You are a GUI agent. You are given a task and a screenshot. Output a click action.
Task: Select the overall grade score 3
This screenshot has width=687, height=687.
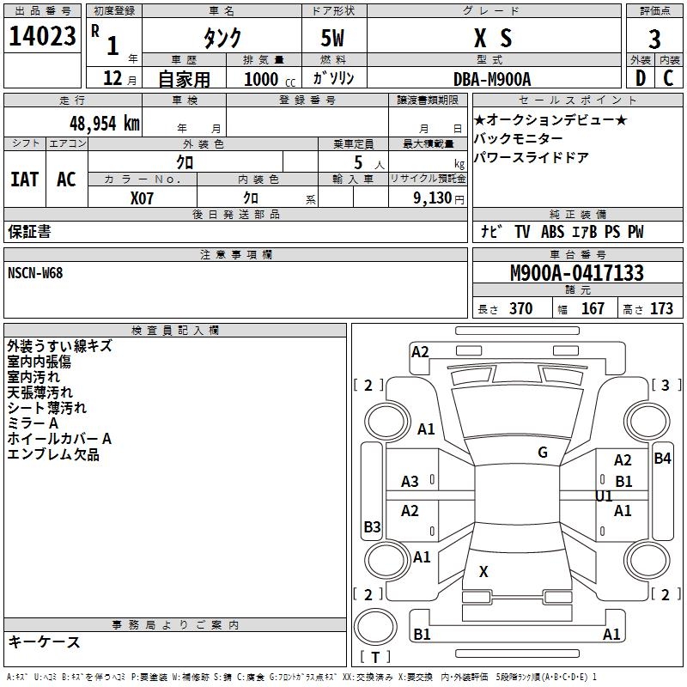(x=654, y=39)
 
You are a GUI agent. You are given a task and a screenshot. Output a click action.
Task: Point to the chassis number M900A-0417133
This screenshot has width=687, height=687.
(x=577, y=273)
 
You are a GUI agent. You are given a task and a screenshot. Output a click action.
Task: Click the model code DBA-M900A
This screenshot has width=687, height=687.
(x=492, y=78)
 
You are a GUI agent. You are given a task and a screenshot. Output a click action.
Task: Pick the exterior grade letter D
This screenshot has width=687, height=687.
(x=640, y=78)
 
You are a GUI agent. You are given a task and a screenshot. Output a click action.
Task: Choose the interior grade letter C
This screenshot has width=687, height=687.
(x=669, y=78)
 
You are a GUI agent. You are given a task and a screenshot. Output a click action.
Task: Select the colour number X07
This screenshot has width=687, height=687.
(x=143, y=197)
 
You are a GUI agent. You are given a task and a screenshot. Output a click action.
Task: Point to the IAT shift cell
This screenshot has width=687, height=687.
(x=24, y=179)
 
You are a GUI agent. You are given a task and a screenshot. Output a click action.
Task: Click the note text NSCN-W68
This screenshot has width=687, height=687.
(x=35, y=273)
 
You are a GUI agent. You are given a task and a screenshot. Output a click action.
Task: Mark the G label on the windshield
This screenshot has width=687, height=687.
(x=543, y=453)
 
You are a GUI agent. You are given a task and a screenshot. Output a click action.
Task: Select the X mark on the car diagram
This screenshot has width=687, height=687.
(x=483, y=572)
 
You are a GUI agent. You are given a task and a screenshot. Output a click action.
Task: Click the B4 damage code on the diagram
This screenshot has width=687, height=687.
(x=662, y=459)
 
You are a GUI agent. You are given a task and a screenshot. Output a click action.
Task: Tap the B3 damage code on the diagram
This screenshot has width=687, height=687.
(x=372, y=527)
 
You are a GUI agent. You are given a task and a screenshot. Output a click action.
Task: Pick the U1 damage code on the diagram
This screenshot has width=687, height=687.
(x=604, y=496)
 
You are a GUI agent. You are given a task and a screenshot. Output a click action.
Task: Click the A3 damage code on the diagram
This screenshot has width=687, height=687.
(x=410, y=482)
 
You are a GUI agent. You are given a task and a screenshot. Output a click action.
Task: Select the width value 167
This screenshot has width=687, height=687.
(x=593, y=309)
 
